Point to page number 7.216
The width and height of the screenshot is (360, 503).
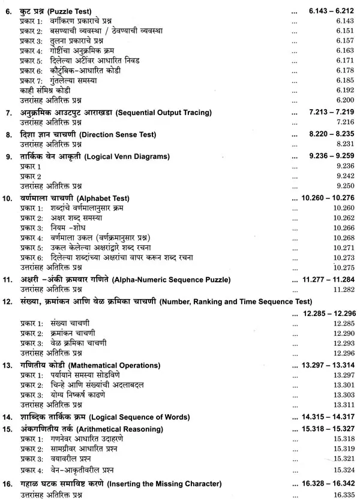340,121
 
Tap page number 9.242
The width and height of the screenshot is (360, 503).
340,176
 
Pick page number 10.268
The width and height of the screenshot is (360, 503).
340,238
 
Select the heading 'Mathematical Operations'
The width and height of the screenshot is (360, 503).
136,365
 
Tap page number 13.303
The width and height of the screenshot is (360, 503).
340,395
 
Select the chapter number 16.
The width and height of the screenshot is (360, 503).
8,484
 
